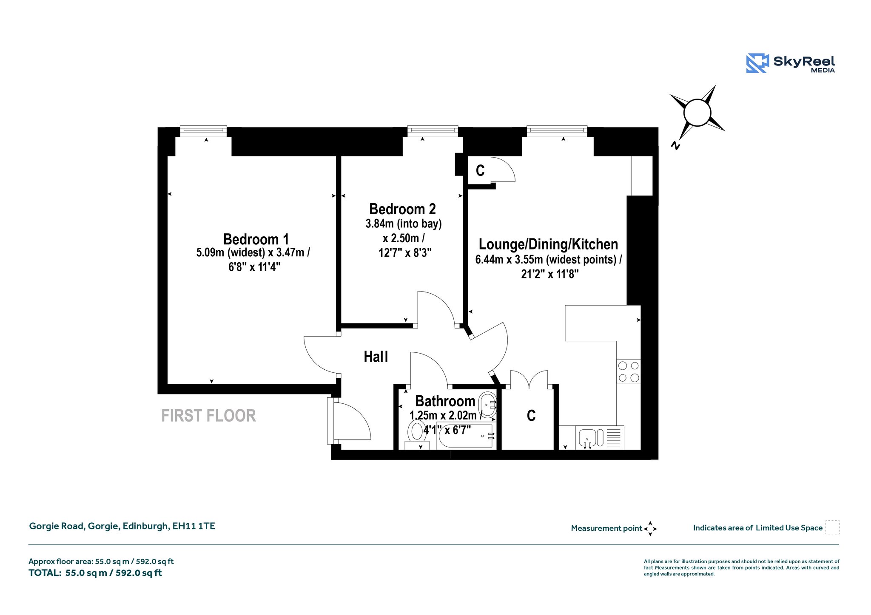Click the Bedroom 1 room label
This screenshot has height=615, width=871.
click(x=256, y=239)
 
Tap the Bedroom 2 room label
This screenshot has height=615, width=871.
click(x=402, y=209)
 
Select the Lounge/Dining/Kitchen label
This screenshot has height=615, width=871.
click(x=548, y=244)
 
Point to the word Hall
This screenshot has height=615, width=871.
click(x=376, y=357)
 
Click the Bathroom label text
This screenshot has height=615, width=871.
click(x=445, y=401)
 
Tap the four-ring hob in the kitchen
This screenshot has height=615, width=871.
click(x=629, y=372)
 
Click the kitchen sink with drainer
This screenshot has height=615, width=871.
click(x=600, y=438)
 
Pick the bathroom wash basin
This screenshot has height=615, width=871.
click(x=487, y=405)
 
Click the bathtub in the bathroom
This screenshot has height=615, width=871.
click(x=465, y=436)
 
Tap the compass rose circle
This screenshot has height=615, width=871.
click(x=697, y=113)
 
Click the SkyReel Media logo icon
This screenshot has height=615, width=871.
click(x=757, y=63)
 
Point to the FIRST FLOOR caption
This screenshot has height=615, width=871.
click(x=208, y=416)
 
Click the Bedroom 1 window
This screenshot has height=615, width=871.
click(x=203, y=131)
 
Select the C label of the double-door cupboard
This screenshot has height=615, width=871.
click(x=531, y=416)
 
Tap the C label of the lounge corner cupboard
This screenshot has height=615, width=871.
click(x=480, y=171)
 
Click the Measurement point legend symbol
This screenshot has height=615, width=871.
click(x=650, y=529)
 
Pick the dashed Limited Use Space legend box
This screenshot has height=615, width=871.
click(x=832, y=527)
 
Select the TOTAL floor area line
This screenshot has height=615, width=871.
click(x=95, y=573)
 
